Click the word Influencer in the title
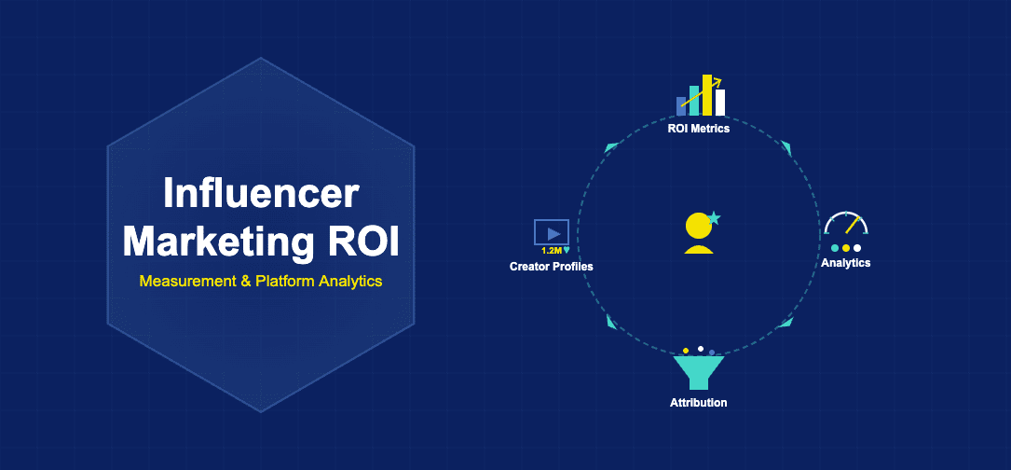coord(261,193)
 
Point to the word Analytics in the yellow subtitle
coord(348,281)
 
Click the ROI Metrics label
coord(698,129)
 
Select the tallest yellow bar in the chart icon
coord(707,95)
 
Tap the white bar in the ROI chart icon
coord(720,103)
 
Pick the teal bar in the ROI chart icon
coord(694,101)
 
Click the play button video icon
coord(552,232)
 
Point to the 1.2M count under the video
coord(551,251)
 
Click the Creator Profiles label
coord(551,267)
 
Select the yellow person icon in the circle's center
coord(698,234)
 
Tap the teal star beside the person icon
coord(714,218)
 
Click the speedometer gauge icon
coord(846,225)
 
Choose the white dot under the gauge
coord(857,248)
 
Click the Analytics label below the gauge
coord(845,263)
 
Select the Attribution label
coord(698,403)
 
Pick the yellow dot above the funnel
coord(686,351)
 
